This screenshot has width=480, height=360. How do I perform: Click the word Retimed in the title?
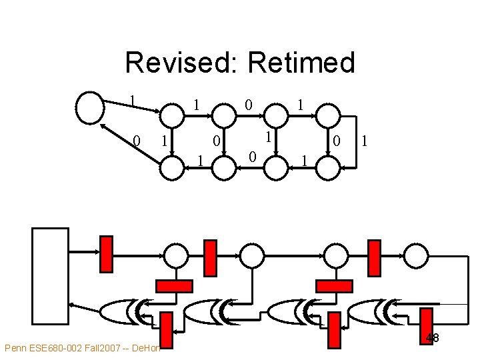coord(301,63)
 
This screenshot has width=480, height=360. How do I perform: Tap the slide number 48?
coord(432,338)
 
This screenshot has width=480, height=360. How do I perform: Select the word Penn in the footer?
coord(16,348)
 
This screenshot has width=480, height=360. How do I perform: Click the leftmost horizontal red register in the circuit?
coord(173,286)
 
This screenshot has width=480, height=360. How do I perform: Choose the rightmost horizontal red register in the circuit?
coord(333,286)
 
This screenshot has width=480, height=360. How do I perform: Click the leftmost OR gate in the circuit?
coord(125,310)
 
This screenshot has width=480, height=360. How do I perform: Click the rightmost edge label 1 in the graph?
coord(364,141)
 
